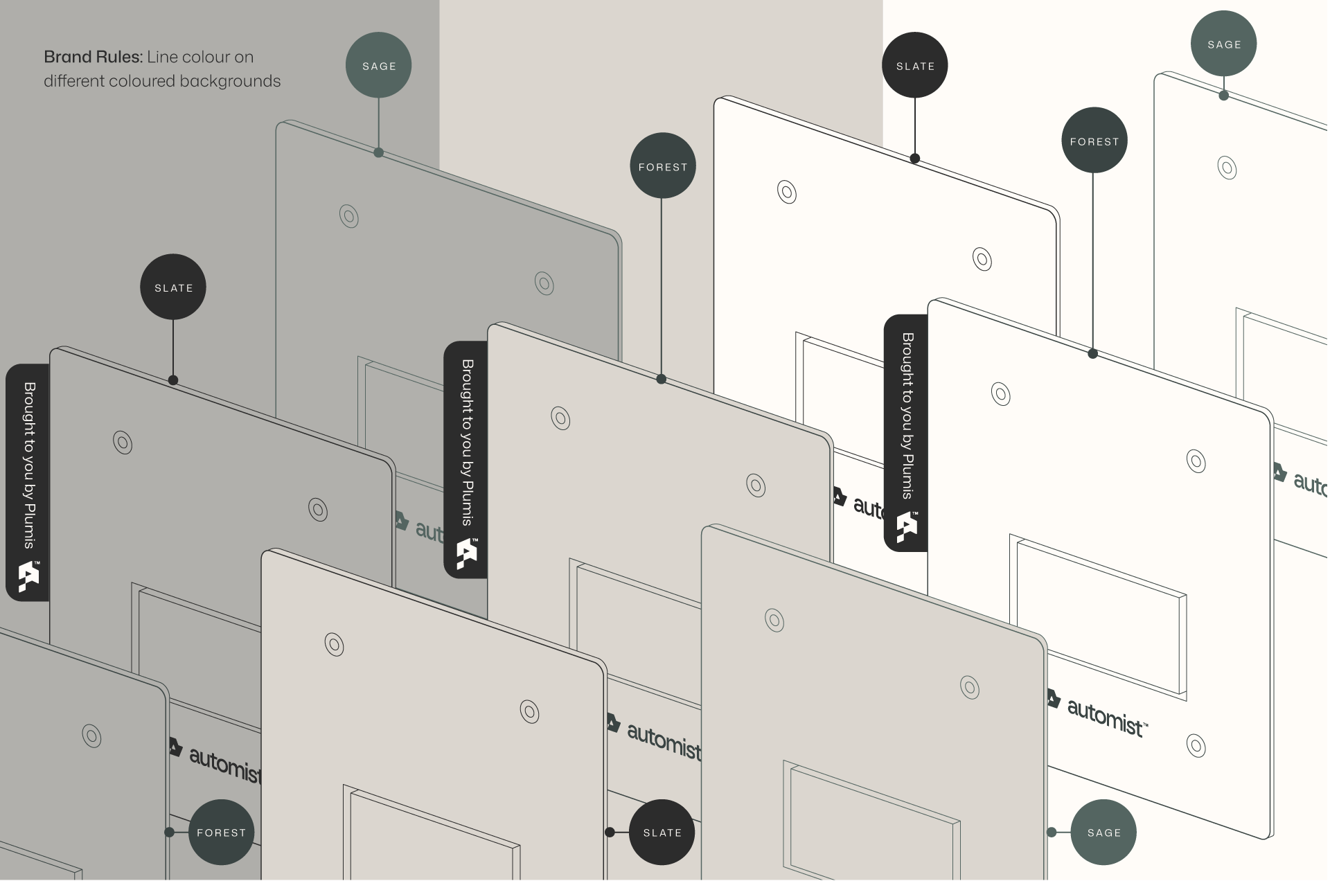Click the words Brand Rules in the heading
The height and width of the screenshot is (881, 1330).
[93, 57]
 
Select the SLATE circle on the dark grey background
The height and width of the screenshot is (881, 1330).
[173, 287]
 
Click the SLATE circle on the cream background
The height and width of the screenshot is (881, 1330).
[915, 66]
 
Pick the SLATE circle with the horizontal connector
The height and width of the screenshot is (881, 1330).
[662, 832]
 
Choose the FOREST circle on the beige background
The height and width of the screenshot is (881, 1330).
[662, 166]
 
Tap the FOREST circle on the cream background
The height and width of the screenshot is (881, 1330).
[1094, 141]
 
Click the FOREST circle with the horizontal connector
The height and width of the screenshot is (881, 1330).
[221, 832]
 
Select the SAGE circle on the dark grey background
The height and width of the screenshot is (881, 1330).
[379, 66]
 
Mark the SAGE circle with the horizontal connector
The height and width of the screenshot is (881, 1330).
[1103, 832]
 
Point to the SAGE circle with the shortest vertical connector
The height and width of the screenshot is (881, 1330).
[1224, 44]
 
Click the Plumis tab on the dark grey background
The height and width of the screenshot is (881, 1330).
[28, 482]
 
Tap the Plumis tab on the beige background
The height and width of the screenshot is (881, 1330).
[465, 459]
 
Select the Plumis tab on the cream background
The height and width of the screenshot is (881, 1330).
[906, 433]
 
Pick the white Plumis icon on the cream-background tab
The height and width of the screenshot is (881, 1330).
[907, 527]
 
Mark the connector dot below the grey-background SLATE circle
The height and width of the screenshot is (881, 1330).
[173, 380]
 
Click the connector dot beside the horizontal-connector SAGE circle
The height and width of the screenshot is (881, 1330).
[1052, 832]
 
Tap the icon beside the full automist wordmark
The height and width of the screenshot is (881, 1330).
[1053, 699]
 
